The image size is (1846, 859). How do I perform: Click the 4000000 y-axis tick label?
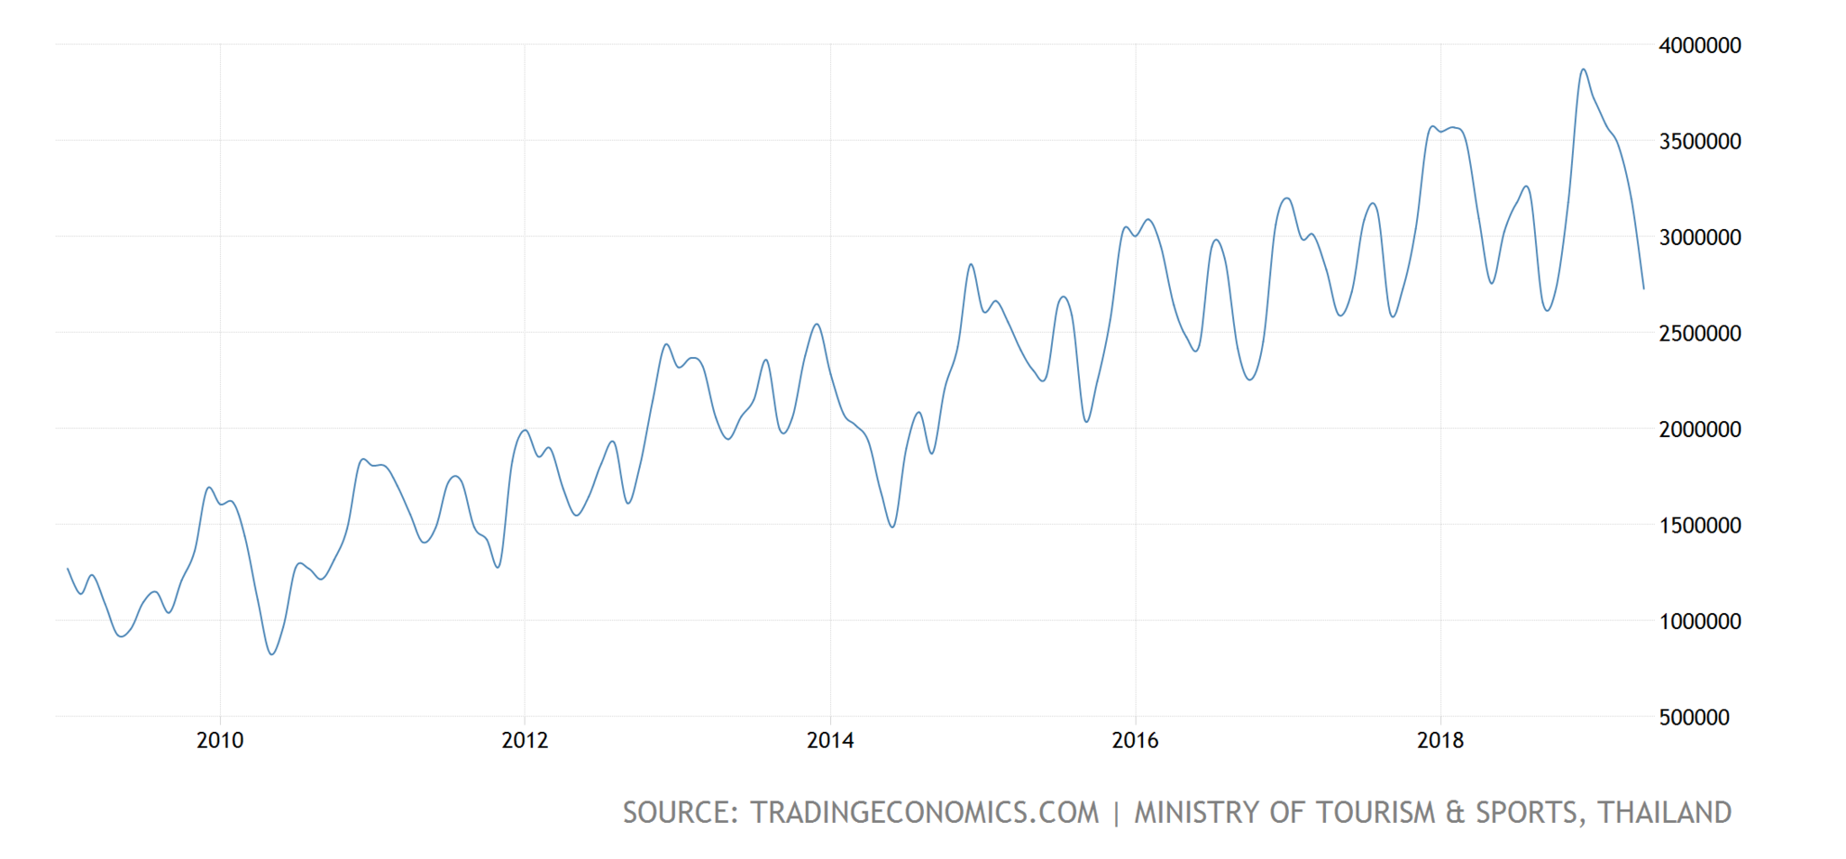coord(1699,46)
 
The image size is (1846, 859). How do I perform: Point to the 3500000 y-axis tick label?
coord(1699,142)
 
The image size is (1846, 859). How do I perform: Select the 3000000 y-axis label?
coord(1699,238)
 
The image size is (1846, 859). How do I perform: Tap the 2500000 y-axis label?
coord(1699,334)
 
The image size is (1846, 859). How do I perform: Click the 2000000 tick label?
coord(1699,430)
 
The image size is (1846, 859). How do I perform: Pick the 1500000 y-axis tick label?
coord(1699,525)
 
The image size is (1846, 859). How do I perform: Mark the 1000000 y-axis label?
coord(1699,622)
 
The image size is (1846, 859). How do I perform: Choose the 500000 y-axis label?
coord(1694,717)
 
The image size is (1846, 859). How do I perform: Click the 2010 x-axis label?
coord(220,741)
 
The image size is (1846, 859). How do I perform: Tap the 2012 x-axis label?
coord(525,741)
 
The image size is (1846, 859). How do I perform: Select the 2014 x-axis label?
coord(830,741)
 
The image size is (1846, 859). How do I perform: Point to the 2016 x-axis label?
coord(1135,741)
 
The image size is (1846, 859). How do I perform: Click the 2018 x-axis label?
coord(1440,741)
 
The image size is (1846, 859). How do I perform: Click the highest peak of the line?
coord(1583,69)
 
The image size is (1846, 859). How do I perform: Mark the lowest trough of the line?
coord(272,654)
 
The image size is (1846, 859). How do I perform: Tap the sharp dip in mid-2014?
coord(891,527)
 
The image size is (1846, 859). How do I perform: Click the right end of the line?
coord(1643,288)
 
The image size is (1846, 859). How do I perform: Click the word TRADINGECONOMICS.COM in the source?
coord(925,813)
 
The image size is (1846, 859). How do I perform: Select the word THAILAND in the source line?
coord(1665,813)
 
